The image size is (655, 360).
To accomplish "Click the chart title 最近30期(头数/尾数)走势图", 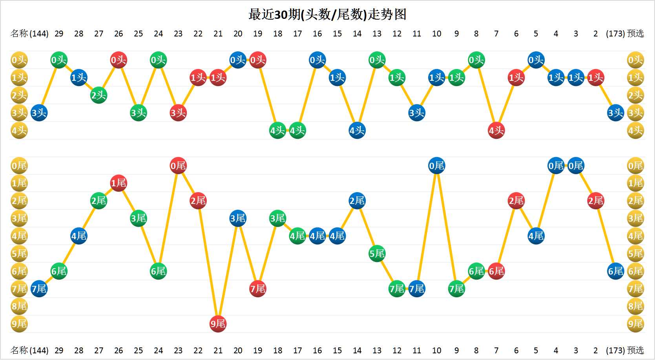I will pyautogui.click(x=327, y=15).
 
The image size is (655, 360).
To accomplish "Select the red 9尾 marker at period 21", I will pyautogui.click(x=218, y=324).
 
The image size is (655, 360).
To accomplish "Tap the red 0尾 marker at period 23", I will pyautogui.click(x=178, y=166).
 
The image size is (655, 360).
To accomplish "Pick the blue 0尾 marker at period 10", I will pyautogui.click(x=436, y=166).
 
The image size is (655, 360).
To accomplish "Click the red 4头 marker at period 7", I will pyautogui.click(x=496, y=131).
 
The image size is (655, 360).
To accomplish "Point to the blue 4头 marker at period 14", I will pyautogui.click(x=357, y=131).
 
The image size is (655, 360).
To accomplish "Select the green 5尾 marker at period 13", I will pyautogui.click(x=377, y=254).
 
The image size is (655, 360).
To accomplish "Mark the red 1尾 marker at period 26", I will pyautogui.click(x=119, y=183).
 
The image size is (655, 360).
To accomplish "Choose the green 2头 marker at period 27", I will pyautogui.click(x=99, y=95).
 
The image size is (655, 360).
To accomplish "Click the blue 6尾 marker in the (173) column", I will pyautogui.click(x=615, y=271).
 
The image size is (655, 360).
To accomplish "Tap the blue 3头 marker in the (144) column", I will pyautogui.click(x=39, y=113).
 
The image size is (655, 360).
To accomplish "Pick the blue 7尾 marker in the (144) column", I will pyautogui.click(x=39, y=289).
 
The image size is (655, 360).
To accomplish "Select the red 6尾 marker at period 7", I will pyautogui.click(x=496, y=271).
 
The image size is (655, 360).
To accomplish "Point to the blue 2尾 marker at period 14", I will pyautogui.click(x=357, y=201).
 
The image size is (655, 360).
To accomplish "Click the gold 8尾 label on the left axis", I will pyautogui.click(x=19, y=306).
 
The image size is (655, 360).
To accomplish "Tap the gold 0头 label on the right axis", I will pyautogui.click(x=635, y=60).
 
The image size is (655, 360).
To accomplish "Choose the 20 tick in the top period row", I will pyautogui.click(x=238, y=34).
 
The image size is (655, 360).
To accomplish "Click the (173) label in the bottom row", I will pyautogui.click(x=615, y=350).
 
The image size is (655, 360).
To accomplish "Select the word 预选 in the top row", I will pyautogui.click(x=636, y=34).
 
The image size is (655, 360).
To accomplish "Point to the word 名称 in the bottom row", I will pyautogui.click(x=19, y=350).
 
